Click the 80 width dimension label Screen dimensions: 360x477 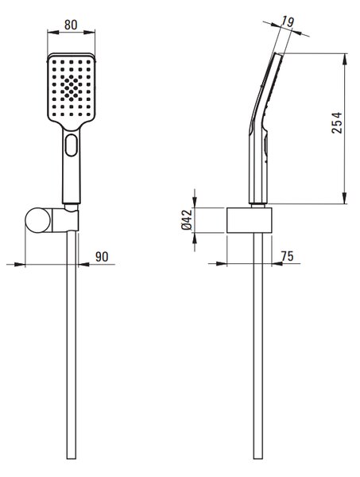pos(71,25)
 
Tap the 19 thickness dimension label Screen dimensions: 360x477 pos(287,21)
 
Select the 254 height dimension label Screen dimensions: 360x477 pos(337,122)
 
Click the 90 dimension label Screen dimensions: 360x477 pos(102,257)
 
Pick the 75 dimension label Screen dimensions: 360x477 pos(287,256)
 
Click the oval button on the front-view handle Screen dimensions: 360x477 pos(72,145)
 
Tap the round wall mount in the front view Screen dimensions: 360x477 pos(38,220)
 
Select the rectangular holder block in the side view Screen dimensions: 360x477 pos(249,220)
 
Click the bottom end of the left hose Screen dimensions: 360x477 pos(72,459)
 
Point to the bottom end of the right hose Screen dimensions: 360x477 pos(258,459)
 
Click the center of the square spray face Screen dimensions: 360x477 pos(72,88)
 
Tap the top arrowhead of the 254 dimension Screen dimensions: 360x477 pos(344,59)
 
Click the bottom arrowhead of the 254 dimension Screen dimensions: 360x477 pos(344,198)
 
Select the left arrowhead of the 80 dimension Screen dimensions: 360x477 pos(53,32)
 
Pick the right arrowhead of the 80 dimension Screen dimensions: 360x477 pos(90,32)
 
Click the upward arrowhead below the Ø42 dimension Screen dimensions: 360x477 pos(195,238)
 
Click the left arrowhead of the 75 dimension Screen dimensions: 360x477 pos(222,263)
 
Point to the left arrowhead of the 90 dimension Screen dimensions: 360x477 pos(19,265)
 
